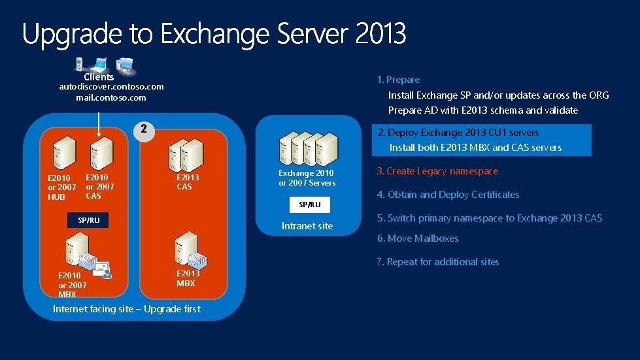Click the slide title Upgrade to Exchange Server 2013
pyautogui.click(x=214, y=34)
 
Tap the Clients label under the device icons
pyautogui.click(x=99, y=77)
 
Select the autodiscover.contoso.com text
pyautogui.click(x=111, y=86)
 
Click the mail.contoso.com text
pyautogui.click(x=111, y=97)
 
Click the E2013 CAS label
pyautogui.click(x=188, y=182)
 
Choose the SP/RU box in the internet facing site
pyautogui.click(x=89, y=220)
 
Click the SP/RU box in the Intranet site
pyautogui.click(x=310, y=205)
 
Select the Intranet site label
pyautogui.click(x=307, y=226)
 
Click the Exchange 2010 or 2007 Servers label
pyautogui.click(x=307, y=178)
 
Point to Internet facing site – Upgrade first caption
pyautogui.click(x=126, y=309)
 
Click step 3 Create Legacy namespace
pyautogui.click(x=437, y=171)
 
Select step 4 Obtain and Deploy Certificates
pyautogui.click(x=448, y=195)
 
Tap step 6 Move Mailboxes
pyautogui.click(x=418, y=238)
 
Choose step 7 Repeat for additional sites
pyautogui.click(x=437, y=262)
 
